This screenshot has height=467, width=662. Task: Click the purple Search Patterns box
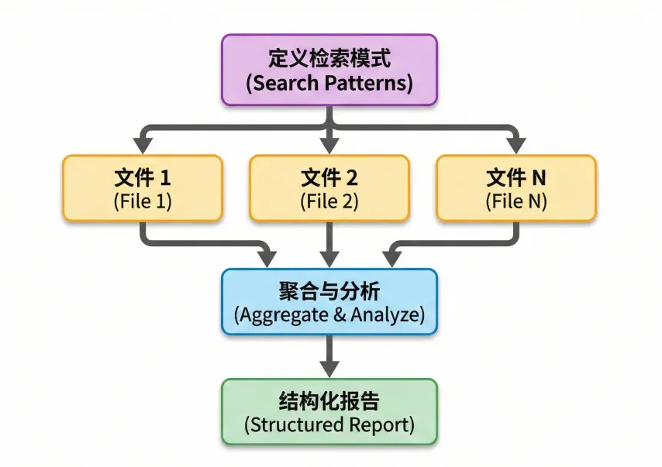(329, 70)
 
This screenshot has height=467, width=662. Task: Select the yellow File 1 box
(143, 188)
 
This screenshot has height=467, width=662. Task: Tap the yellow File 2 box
(329, 188)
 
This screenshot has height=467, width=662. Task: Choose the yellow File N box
(516, 188)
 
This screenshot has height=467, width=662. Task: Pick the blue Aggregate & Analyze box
(329, 302)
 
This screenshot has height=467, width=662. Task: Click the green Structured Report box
(329, 411)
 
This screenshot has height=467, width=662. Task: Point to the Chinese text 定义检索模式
(329, 58)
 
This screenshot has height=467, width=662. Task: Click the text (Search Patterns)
(329, 83)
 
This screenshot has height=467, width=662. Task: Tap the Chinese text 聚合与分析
(329, 291)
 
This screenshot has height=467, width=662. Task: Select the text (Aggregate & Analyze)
(329, 315)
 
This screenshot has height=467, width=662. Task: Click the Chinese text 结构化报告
(329, 401)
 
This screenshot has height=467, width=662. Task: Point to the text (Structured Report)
(329, 425)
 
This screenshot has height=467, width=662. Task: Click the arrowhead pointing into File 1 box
(143, 146)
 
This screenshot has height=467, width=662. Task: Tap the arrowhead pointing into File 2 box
(330, 146)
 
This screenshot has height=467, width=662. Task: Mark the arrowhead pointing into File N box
(516, 146)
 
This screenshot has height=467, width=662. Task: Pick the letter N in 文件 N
(538, 177)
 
